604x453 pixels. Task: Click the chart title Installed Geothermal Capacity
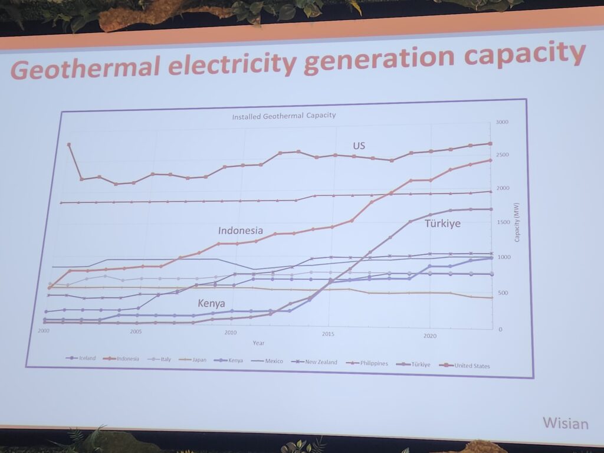pos(284,116)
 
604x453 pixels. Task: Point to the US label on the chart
pos(359,146)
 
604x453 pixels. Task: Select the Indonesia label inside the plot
pos(240,231)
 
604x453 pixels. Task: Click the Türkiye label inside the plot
pos(442,224)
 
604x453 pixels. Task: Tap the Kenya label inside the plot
pos(212,303)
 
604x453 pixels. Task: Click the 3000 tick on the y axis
pos(502,122)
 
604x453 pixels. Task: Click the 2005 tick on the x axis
pos(136,331)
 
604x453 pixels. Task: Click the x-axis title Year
pos(258,343)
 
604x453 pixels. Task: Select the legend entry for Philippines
pos(371,363)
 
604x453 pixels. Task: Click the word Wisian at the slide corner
pos(565,424)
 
